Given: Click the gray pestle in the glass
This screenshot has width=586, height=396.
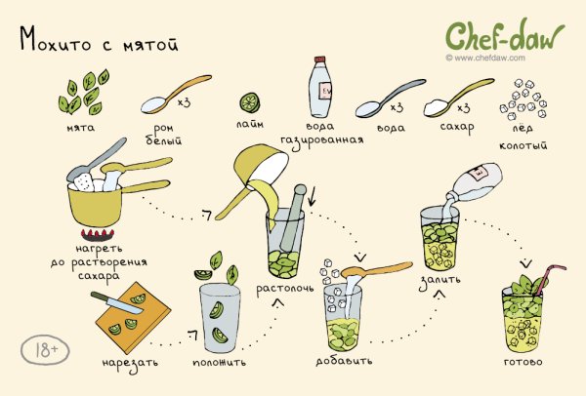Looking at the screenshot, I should click(x=291, y=218).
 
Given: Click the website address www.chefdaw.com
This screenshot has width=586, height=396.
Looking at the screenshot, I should click(x=490, y=58).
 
